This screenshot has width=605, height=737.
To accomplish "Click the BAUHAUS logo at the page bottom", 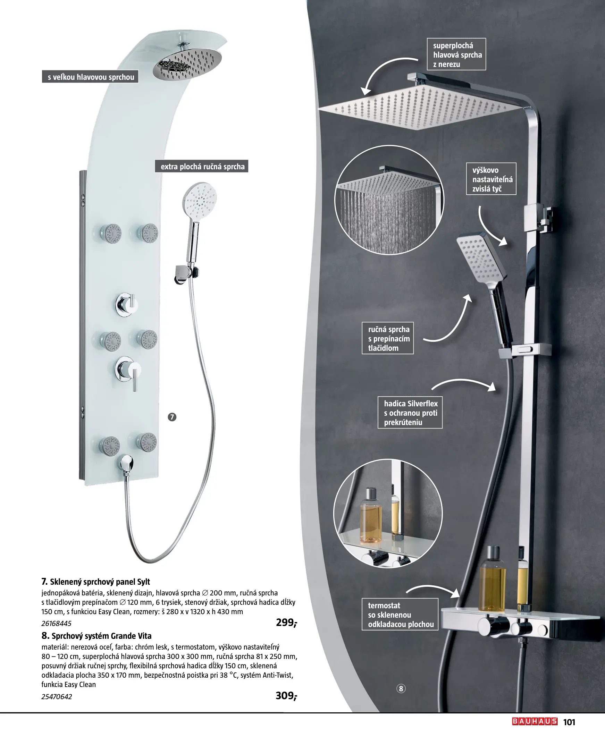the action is click(535, 721).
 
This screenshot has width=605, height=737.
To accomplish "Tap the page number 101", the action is click(569, 722).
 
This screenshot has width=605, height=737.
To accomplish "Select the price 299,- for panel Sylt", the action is click(286, 622).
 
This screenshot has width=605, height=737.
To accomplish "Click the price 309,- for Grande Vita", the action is click(286, 696).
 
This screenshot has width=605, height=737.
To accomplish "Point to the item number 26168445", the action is click(57, 624).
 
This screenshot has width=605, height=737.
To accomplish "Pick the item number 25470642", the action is click(57, 697).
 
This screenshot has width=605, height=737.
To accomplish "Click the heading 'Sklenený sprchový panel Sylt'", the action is click(100, 582).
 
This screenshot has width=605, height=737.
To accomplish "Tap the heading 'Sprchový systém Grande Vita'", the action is click(101, 636).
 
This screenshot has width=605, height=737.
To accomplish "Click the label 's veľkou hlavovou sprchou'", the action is click(90, 77).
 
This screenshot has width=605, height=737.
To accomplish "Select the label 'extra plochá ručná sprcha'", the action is click(202, 167).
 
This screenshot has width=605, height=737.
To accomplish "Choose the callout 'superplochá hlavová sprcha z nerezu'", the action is click(456, 54).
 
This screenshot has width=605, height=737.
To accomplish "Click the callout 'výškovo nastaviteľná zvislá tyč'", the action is click(491, 179).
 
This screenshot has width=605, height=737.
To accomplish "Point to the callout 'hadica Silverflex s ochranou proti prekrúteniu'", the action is click(410, 412).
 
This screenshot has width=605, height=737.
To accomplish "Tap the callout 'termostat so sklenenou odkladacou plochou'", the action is click(400, 615).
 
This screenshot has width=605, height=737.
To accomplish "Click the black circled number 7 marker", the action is click(172, 417).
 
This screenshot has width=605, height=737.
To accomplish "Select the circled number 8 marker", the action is click(401, 688).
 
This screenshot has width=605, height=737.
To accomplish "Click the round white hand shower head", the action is click(200, 201).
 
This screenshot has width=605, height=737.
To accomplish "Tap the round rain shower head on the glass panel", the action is click(187, 64).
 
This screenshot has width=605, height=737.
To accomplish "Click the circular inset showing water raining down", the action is click(389, 200).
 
